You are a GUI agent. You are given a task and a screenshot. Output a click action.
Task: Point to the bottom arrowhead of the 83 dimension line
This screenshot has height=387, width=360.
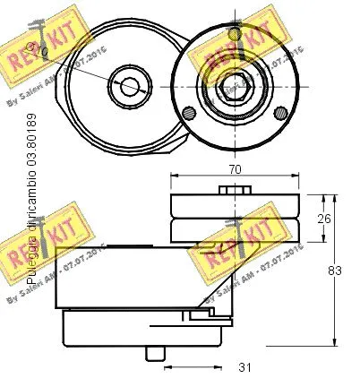[x=333, y=341]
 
